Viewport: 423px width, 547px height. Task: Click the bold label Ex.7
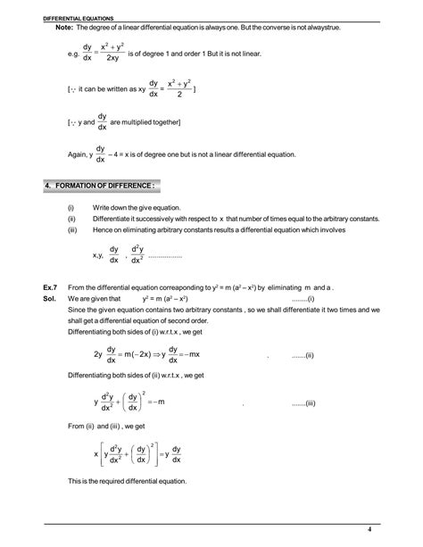pyautogui.click(x=51, y=287)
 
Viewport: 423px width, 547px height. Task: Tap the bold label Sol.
pyautogui.click(x=50, y=299)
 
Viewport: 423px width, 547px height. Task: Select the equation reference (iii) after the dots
pyautogui.click(x=309, y=404)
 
